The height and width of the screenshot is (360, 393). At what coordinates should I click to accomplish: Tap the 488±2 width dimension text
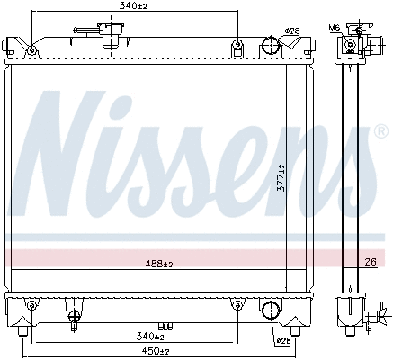158,264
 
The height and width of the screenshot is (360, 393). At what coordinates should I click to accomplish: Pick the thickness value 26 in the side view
371,263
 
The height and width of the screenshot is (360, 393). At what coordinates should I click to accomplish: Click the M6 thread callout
335,28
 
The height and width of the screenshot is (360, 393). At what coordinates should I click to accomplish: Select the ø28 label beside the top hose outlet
291,31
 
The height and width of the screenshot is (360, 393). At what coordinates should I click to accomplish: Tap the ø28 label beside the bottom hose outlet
283,341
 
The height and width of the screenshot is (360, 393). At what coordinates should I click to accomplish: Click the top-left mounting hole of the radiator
31,48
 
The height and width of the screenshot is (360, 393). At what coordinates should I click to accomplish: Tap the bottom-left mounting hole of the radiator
31,306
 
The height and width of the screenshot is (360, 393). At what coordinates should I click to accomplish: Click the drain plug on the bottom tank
71,315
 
